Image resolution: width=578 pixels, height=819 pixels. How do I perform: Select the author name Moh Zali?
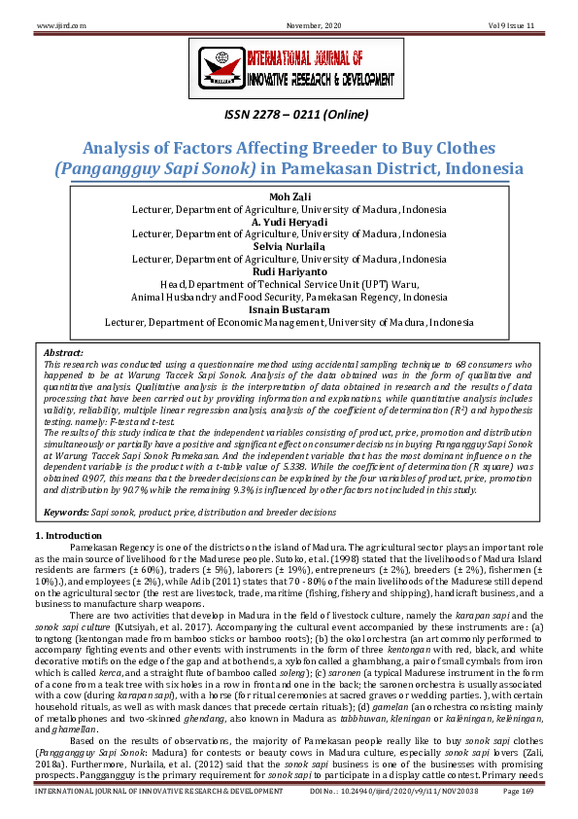289,197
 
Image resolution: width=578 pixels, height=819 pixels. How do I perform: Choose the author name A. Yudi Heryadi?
289,222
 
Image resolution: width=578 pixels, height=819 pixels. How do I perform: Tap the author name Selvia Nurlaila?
289,246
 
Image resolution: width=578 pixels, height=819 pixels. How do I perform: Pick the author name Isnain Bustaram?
289,308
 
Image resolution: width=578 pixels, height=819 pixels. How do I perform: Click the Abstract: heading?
63,351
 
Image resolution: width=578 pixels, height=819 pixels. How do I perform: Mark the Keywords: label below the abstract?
67,510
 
